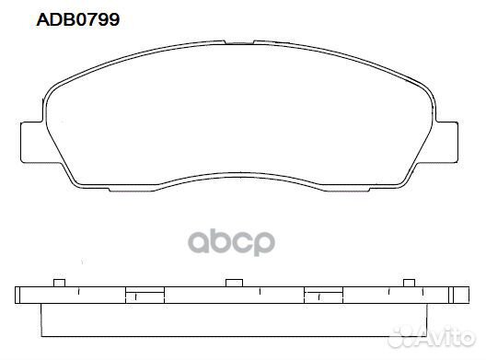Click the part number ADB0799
78,20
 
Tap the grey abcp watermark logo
232,242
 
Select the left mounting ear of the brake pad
32,142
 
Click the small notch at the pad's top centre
239,42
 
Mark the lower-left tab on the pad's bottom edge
132,189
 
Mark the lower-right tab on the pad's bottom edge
347,189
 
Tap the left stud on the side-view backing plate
59,283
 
